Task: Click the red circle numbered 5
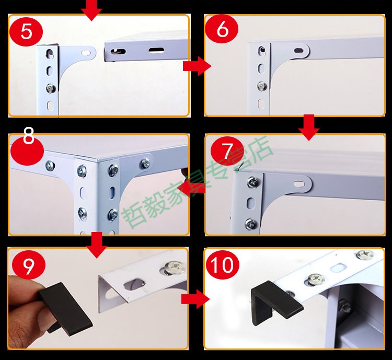point(26,31)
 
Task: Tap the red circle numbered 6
point(222,29)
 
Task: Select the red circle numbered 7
point(227,152)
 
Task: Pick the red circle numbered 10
point(222,265)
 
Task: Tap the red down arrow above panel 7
point(308,127)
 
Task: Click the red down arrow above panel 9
point(97,245)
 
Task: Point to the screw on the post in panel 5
point(51,88)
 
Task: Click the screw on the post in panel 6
point(262,86)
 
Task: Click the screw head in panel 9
point(173,267)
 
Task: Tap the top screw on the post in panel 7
point(252,182)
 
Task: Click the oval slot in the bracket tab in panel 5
point(86,53)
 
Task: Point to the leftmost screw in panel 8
point(50,165)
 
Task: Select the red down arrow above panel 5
point(91,9)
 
